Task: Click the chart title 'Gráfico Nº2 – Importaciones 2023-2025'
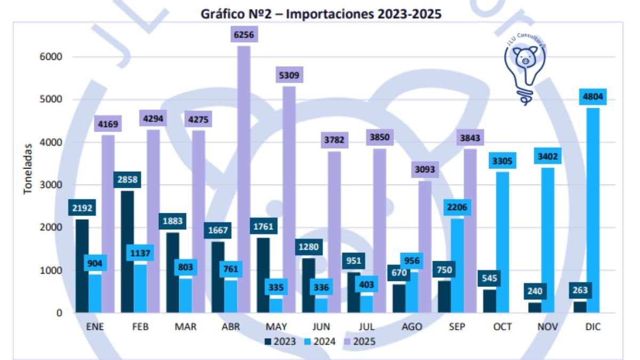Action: tap(321, 14)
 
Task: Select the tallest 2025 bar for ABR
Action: tap(244, 181)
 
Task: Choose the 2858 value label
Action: tap(127, 180)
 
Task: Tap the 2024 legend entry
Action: tap(320, 342)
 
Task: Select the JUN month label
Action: tap(321, 327)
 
